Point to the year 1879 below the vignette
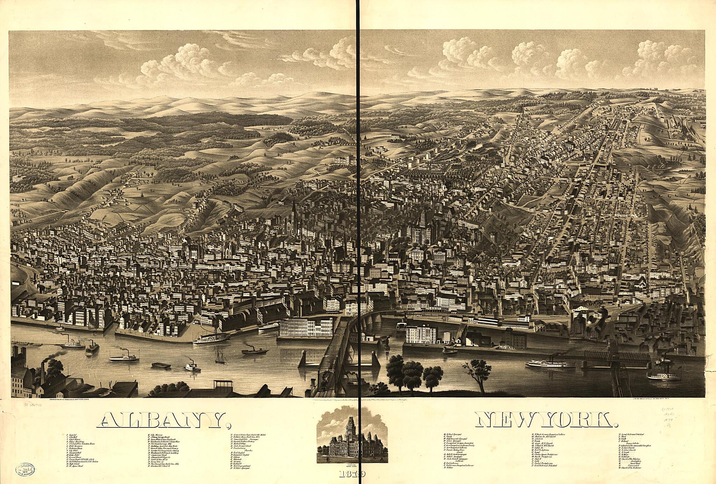click(351, 474)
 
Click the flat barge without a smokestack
click(161, 365)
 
